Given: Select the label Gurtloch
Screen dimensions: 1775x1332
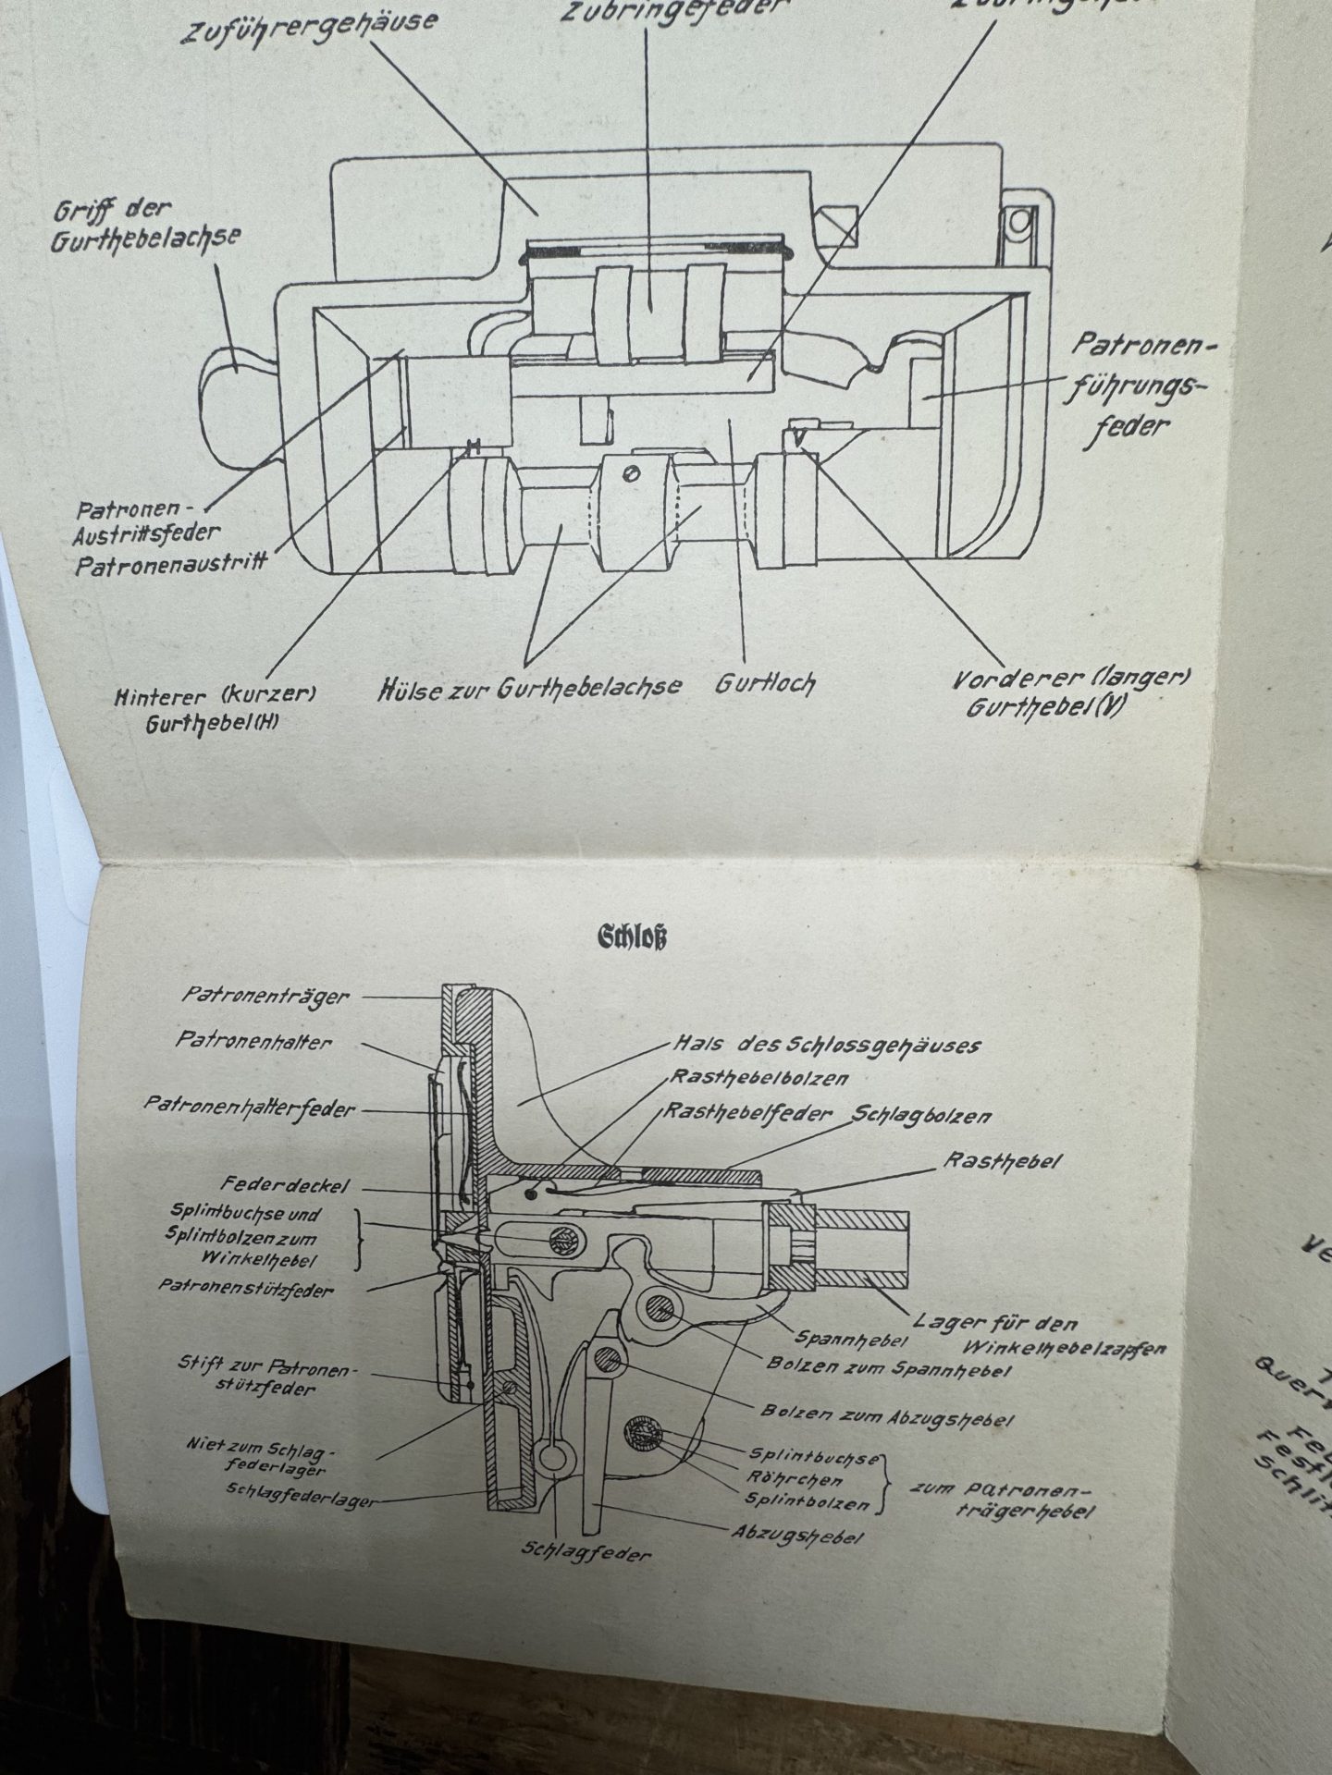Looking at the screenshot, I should pyautogui.click(x=766, y=684).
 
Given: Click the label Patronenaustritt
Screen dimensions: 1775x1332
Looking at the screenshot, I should pyautogui.click(x=172, y=561).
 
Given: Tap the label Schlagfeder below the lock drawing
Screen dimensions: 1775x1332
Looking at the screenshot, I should pyautogui.click(x=585, y=1552).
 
